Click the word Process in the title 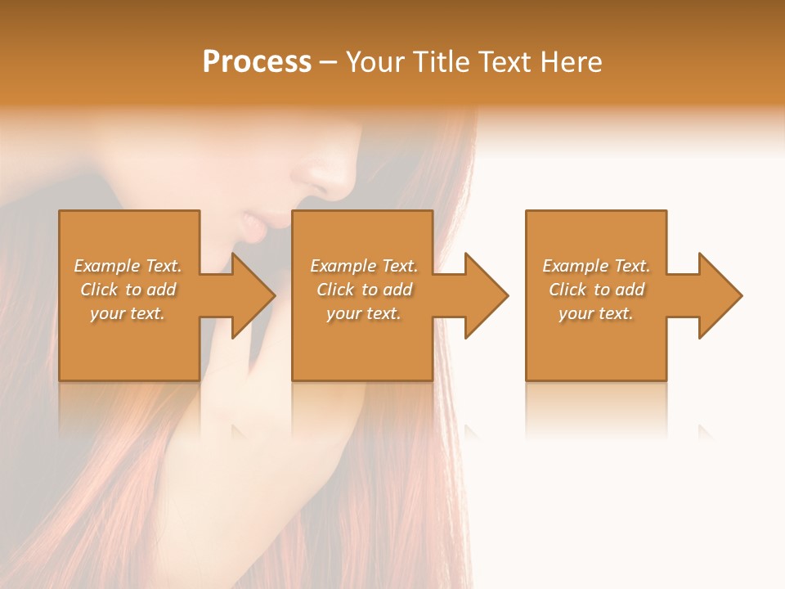pos(257,62)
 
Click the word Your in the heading pos(375,62)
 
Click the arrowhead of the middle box pos(486,295)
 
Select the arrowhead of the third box pos(720,295)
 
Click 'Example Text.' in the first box pos(128,266)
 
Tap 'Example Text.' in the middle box pos(364,266)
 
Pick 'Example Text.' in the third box pos(596,266)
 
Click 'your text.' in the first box pos(128,313)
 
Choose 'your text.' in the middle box pos(364,313)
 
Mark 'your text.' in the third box pos(596,313)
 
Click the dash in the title pos(329,63)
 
